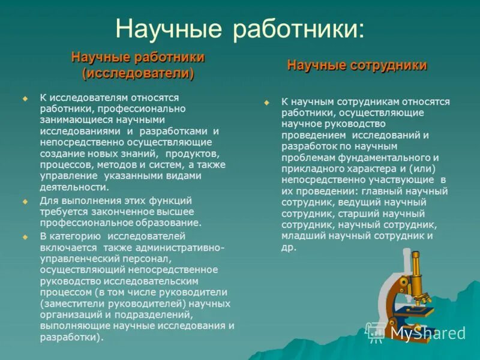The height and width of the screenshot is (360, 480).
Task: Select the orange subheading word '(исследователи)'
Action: (138, 73)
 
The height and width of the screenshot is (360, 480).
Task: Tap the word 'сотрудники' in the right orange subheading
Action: (391, 65)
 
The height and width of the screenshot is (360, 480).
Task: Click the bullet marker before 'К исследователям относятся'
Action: (25, 98)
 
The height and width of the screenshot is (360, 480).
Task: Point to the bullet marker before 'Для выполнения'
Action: (25, 201)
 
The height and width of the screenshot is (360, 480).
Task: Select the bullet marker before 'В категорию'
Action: (25, 237)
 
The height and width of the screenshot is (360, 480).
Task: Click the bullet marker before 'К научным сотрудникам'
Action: (267, 103)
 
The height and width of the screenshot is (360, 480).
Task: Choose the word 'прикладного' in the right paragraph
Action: (311, 167)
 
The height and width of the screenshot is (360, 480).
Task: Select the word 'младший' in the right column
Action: (303, 236)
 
